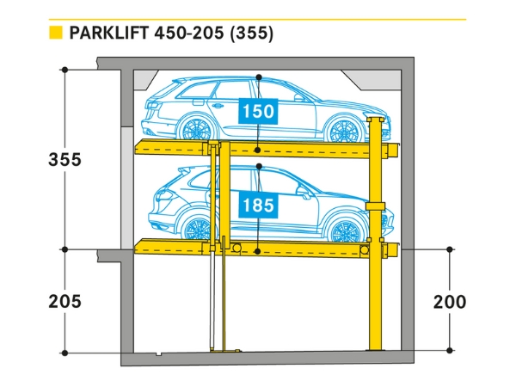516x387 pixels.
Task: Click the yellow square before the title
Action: [x=56, y=34]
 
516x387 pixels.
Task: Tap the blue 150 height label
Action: [x=259, y=111]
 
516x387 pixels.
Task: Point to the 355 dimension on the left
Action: [x=65, y=160]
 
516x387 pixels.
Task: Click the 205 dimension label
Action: [x=65, y=301]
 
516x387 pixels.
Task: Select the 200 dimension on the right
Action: [x=450, y=301]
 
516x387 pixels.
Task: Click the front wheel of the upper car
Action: [x=344, y=130]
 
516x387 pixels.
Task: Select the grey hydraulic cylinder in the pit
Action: [x=213, y=301]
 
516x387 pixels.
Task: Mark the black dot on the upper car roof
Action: [x=259, y=77]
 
